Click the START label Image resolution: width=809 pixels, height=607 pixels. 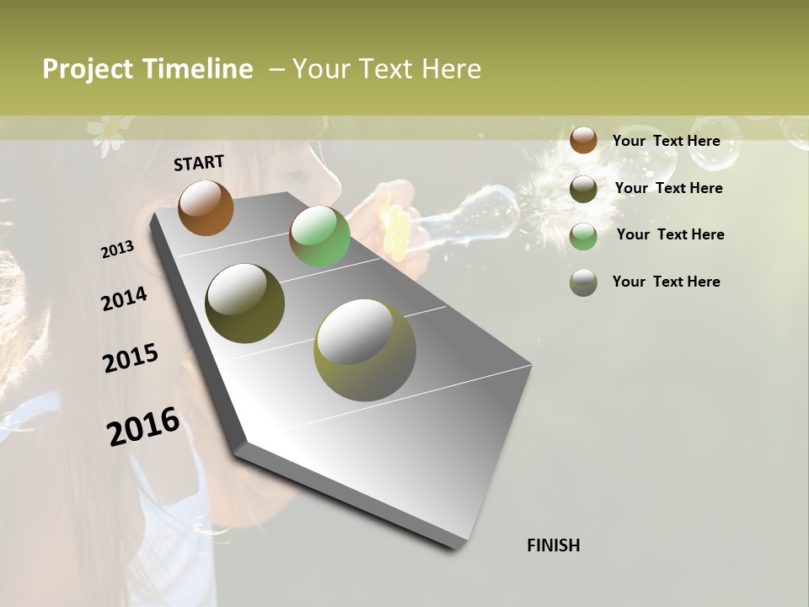[199, 163]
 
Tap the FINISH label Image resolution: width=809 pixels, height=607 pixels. [553, 545]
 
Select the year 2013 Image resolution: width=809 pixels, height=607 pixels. [118, 250]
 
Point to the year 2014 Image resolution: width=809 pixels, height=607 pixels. [124, 298]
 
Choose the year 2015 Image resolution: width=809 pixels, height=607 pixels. [131, 358]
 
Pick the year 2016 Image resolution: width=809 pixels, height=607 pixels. [143, 427]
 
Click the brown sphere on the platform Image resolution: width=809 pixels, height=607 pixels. [206, 207]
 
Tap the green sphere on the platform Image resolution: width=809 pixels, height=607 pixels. [319, 236]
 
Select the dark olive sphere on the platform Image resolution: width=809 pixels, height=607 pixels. [244, 303]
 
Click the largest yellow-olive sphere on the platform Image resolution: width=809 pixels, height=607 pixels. [364, 350]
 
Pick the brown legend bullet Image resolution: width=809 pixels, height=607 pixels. [583, 140]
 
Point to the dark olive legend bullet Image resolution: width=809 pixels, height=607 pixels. [583, 189]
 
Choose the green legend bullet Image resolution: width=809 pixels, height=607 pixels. [583, 236]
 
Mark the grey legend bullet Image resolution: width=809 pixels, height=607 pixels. [583, 282]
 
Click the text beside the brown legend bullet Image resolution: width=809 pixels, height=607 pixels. [666, 141]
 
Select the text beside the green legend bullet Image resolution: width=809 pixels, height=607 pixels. [670, 234]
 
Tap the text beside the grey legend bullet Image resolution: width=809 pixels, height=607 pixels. [666, 282]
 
